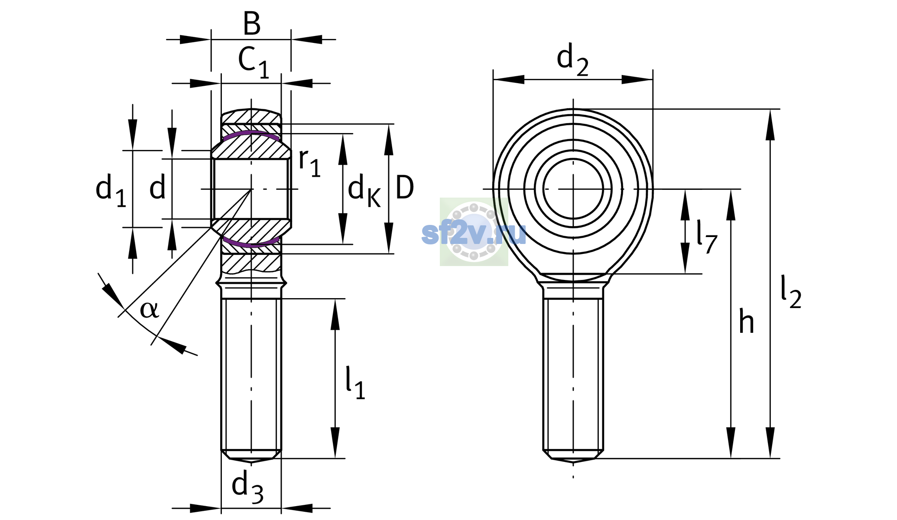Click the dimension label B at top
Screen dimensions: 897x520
tap(252, 23)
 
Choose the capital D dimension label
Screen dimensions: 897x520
tap(405, 188)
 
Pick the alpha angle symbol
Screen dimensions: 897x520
tap(149, 309)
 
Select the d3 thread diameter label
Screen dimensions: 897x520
tap(247, 487)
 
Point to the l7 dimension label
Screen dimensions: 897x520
tap(707, 237)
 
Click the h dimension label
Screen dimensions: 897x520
tap(746, 321)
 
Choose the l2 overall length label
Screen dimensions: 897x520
tap(791, 292)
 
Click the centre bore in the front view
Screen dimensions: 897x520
tap(573, 189)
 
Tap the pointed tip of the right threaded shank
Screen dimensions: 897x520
tap(573, 462)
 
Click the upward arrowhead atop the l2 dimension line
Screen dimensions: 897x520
tap(770, 124)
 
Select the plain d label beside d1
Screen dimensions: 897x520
tap(157, 188)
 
